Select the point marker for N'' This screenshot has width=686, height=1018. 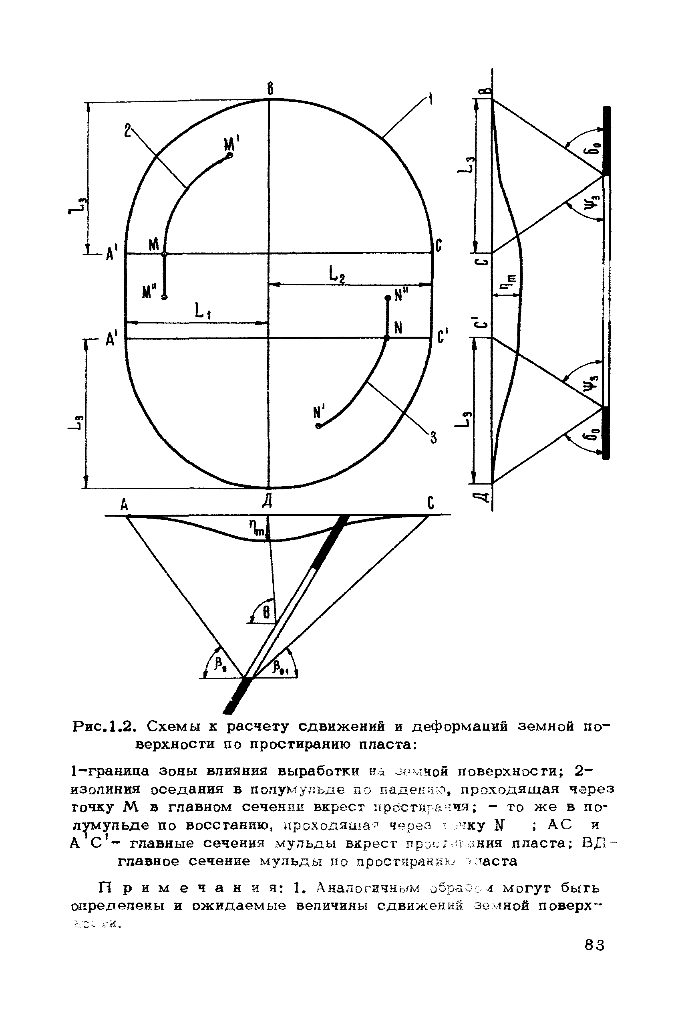(x=387, y=298)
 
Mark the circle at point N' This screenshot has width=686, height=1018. (x=318, y=426)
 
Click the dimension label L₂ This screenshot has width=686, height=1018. (x=336, y=275)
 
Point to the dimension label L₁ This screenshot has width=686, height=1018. (x=202, y=313)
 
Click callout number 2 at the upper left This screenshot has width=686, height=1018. (x=127, y=131)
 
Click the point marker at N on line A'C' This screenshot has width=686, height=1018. (x=386, y=338)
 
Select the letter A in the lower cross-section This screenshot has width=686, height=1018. (x=125, y=506)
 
